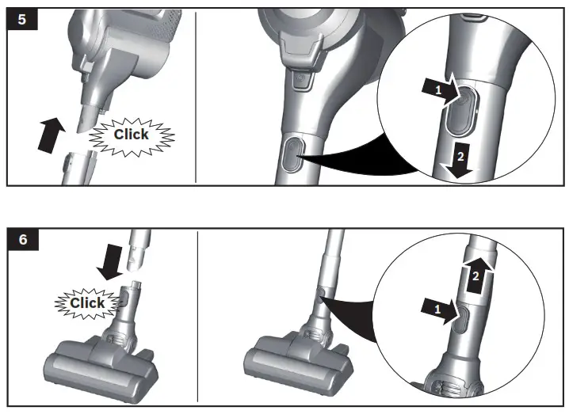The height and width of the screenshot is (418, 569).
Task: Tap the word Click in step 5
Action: [x=131, y=134]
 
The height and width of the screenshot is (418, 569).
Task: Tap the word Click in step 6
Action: [x=87, y=302]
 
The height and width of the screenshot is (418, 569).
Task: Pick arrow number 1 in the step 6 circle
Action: [x=442, y=311]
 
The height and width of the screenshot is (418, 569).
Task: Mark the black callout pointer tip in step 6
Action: [x=320, y=294]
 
